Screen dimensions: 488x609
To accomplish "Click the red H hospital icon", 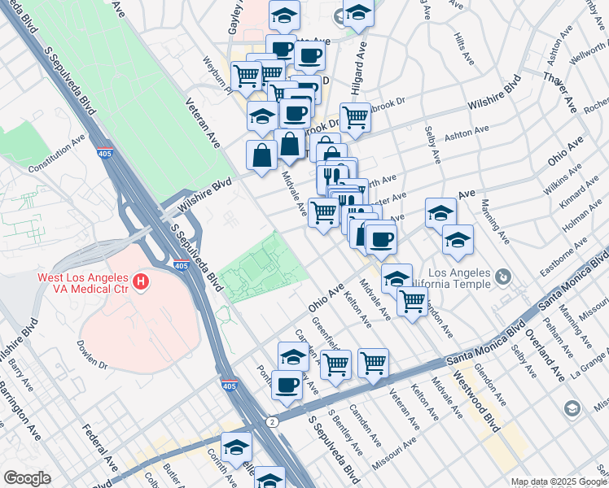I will pyautogui.click(x=141, y=283).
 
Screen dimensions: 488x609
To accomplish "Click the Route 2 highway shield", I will pyautogui.click(x=270, y=421).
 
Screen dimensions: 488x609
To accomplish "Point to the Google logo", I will pyautogui.click(x=26, y=478).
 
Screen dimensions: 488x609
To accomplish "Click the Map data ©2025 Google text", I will pyautogui.click(x=559, y=481).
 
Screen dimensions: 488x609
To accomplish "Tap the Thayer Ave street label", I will pyautogui.click(x=562, y=83).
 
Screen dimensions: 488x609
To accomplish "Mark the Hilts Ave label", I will pyautogui.click(x=465, y=50).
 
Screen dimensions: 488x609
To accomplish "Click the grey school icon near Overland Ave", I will pyautogui.click(x=572, y=407).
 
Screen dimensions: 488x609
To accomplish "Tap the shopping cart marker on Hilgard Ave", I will pyautogui.click(x=355, y=118).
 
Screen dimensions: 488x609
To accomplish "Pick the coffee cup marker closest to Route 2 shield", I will pyautogui.click(x=286, y=385).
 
